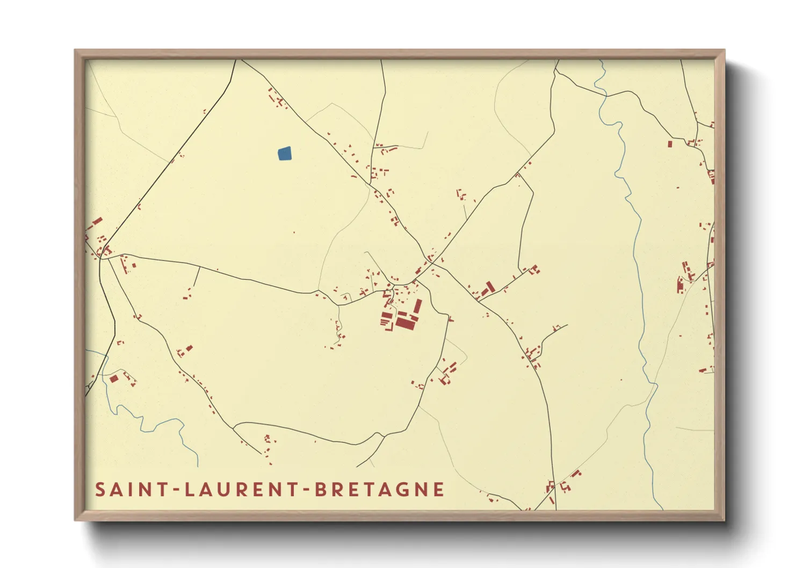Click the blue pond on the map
tap(285, 154)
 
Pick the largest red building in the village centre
tap(405, 323)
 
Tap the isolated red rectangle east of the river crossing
tap(670, 144)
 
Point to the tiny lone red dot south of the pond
tap(294, 232)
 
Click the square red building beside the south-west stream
tap(113, 379)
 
